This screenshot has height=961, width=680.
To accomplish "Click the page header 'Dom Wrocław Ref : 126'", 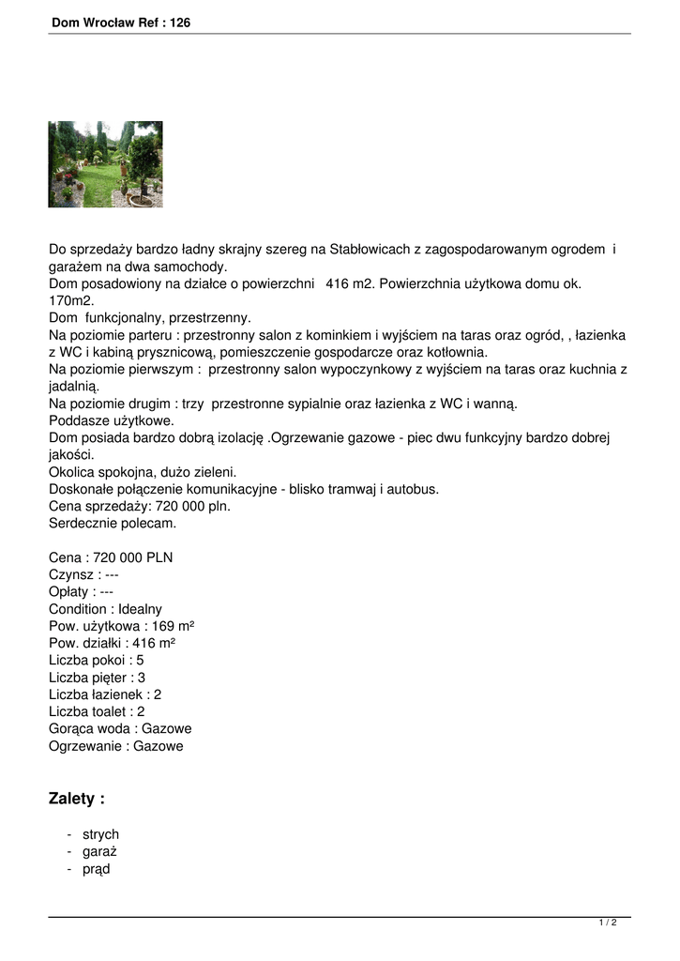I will click(121, 23).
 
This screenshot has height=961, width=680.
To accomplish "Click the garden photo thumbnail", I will click(105, 164).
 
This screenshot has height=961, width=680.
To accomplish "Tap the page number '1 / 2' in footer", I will click(608, 923).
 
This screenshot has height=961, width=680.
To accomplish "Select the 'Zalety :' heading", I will click(77, 799).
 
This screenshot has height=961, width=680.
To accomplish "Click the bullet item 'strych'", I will click(100, 834).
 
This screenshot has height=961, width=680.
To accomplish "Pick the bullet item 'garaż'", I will click(99, 852).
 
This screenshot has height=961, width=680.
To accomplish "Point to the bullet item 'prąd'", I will click(97, 869).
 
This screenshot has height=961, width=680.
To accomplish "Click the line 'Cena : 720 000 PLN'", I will click(111, 557).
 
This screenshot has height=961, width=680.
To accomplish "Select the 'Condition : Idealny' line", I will click(105, 609).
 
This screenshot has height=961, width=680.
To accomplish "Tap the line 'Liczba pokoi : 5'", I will click(96, 660).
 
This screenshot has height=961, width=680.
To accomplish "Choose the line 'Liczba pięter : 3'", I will click(97, 678).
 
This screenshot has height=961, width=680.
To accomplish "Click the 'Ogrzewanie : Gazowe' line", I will click(116, 746).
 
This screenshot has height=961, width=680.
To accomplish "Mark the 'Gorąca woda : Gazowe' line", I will click(120, 729).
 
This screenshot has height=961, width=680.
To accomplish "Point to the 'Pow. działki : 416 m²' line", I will click(112, 643).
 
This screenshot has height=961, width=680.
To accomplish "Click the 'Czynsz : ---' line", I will click(83, 574).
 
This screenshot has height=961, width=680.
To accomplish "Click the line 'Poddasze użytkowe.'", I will click(112, 420).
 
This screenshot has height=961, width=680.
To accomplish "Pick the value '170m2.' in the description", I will click(71, 300).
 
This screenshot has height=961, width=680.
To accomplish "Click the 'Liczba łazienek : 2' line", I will click(105, 694).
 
